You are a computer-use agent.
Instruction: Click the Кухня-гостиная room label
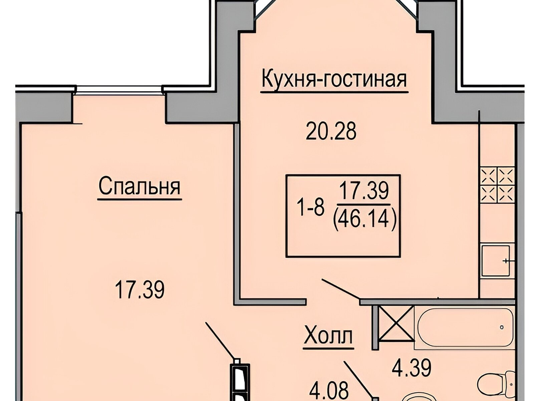coord(334,80)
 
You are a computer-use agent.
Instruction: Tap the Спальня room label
coord(140,187)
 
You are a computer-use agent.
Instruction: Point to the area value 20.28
coord(331,131)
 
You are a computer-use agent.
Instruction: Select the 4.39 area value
coord(412,374)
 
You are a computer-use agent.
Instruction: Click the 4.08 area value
coord(329,393)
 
